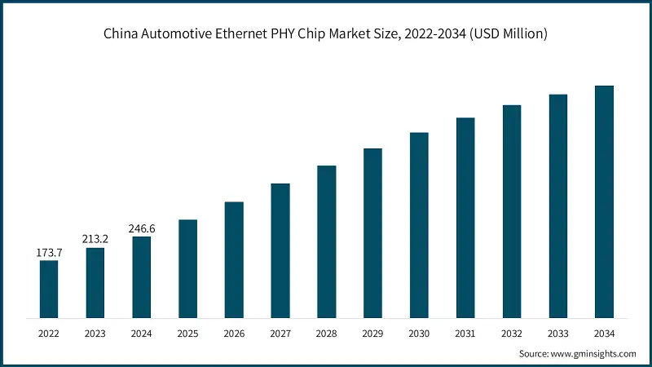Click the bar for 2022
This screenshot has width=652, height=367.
tap(49, 289)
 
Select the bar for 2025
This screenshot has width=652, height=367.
tap(187, 268)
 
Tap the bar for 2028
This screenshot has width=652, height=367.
tap(326, 241)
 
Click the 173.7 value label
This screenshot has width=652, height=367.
tap(49, 253)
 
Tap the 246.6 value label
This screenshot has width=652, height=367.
tap(141, 229)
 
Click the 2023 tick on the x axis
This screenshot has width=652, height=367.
tap(95, 333)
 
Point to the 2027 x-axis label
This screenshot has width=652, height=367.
tap(280, 333)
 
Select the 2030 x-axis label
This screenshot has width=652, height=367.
tap(419, 333)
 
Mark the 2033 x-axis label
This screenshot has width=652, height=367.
tap(557, 333)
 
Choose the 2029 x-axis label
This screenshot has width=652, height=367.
tap(372, 333)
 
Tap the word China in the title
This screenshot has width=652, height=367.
tap(121, 34)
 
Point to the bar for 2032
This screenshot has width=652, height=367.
tap(511, 211)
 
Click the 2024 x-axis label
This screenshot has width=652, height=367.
tap(141, 333)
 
